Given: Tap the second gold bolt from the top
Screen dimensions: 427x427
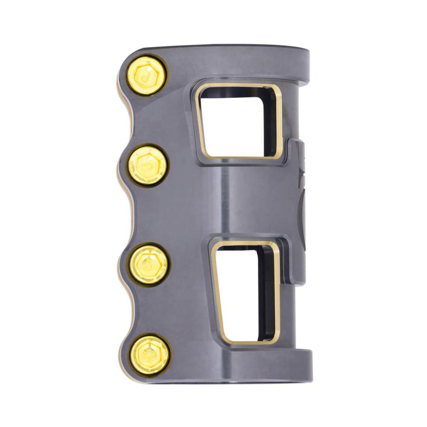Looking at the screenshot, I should pyautogui.click(x=148, y=165).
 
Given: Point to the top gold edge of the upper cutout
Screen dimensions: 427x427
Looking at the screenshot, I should pyautogui.click(x=237, y=87).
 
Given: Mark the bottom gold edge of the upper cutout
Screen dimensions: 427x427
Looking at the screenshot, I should pyautogui.click(x=239, y=157).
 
